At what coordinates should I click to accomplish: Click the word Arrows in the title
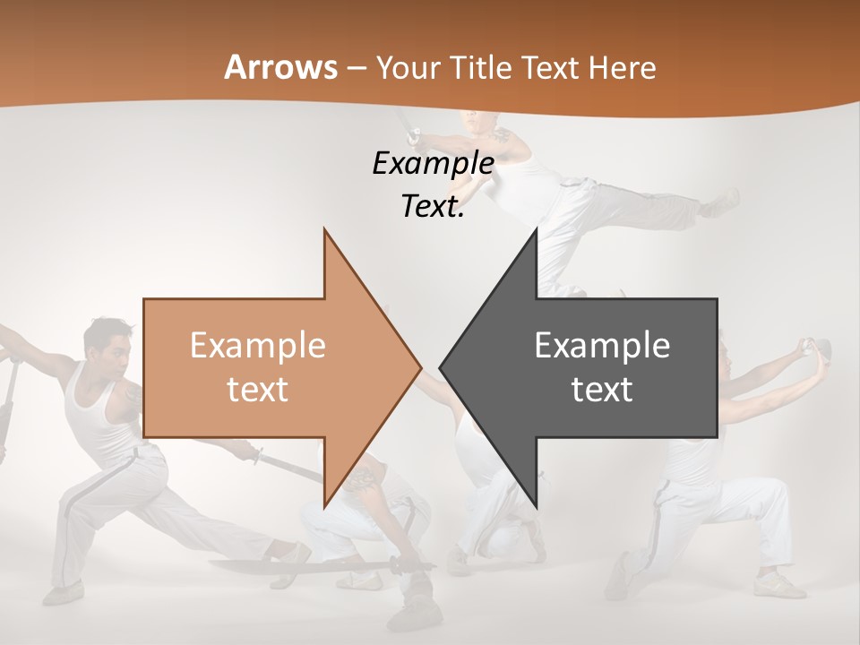tap(280, 67)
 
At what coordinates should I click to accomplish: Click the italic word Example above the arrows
tap(433, 163)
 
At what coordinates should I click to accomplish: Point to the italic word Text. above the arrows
tap(433, 206)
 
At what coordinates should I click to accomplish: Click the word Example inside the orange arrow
tap(258, 345)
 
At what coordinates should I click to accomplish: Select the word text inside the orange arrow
tap(258, 389)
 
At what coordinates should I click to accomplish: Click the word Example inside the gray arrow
tap(602, 345)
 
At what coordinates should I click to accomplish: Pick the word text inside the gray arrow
tap(602, 389)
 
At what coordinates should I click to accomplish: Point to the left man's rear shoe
tap(63, 593)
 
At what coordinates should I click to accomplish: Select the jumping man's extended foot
tap(722, 202)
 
